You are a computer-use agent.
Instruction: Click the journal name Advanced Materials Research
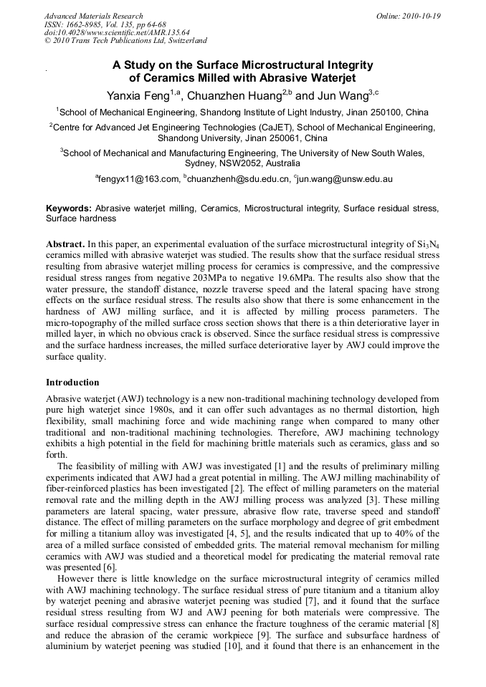point(93,16)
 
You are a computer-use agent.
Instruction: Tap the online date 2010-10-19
point(419,16)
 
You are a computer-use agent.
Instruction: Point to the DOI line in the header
point(116,32)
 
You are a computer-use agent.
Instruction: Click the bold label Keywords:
point(69,208)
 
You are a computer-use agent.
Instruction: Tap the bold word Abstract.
point(65,244)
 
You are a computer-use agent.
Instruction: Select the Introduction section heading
point(72,383)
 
